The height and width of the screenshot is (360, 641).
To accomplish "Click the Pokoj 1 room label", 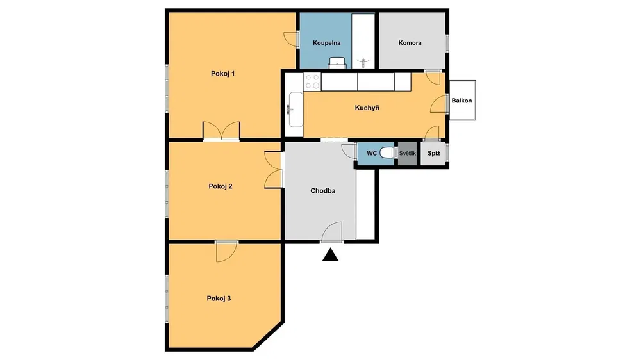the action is pyautogui.click(x=223, y=74).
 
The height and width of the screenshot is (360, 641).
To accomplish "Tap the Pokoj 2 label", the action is pyautogui.click(x=221, y=186).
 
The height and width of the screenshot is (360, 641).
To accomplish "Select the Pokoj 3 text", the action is pyautogui.click(x=219, y=299).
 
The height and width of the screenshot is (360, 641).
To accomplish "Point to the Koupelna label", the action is pyautogui.click(x=327, y=42).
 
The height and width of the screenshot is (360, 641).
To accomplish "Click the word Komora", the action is pyautogui.click(x=410, y=42).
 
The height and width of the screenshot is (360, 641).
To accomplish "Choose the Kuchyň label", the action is pyautogui.click(x=367, y=108).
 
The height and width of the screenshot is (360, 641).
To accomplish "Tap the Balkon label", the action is pyautogui.click(x=462, y=101).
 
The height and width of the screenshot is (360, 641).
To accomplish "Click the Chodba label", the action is pyautogui.click(x=323, y=191).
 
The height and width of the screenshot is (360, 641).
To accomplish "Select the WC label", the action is pyautogui.click(x=372, y=153).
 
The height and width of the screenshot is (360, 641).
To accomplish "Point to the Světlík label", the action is pyautogui.click(x=408, y=153).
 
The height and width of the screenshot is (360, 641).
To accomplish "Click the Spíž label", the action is pyautogui.click(x=434, y=154).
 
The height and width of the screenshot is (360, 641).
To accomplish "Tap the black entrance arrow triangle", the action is pyautogui.click(x=330, y=255).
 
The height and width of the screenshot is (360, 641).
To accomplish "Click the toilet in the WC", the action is pyautogui.click(x=387, y=153).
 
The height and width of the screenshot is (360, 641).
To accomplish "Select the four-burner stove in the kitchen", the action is pyautogui.click(x=312, y=81).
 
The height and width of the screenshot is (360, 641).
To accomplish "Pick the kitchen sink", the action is pyautogui.click(x=295, y=110).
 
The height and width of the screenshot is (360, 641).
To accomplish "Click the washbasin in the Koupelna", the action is pyautogui.click(x=338, y=63).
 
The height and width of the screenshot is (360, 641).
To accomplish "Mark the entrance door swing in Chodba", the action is pyautogui.click(x=331, y=232).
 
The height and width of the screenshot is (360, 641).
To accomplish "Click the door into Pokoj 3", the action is pyautogui.click(x=226, y=251).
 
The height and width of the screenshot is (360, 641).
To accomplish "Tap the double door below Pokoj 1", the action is pyautogui.click(x=221, y=131).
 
